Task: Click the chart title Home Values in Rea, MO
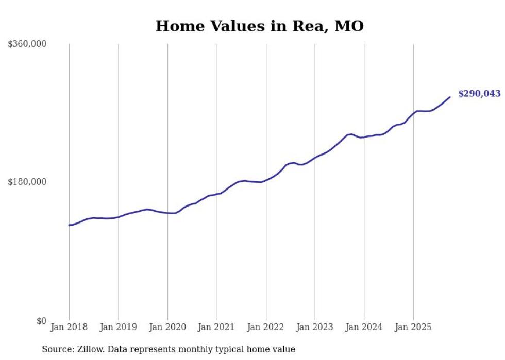pyautogui.click(x=260, y=26)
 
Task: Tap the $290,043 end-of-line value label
pyautogui.click(x=479, y=94)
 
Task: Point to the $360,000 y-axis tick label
pyautogui.click(x=27, y=44)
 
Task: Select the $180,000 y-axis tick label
pyautogui.click(x=27, y=182)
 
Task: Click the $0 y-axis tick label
pyautogui.click(x=41, y=321)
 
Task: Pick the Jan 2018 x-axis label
pyautogui.click(x=69, y=327)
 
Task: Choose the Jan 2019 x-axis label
pyautogui.click(x=119, y=327)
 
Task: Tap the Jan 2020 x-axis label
pyautogui.click(x=167, y=327)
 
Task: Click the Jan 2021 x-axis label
pyautogui.click(x=217, y=327)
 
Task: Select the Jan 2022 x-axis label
pyautogui.click(x=266, y=327)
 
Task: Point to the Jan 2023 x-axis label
pyautogui.click(x=315, y=327)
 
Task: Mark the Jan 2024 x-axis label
pyautogui.click(x=364, y=327)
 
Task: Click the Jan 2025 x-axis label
pyautogui.click(x=413, y=327)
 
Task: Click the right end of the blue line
pyautogui.click(x=450, y=97)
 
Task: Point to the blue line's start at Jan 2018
pyautogui.click(x=70, y=225)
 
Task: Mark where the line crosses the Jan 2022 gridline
pyautogui.click(x=266, y=180)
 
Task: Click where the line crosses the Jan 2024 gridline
pyautogui.click(x=364, y=137)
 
